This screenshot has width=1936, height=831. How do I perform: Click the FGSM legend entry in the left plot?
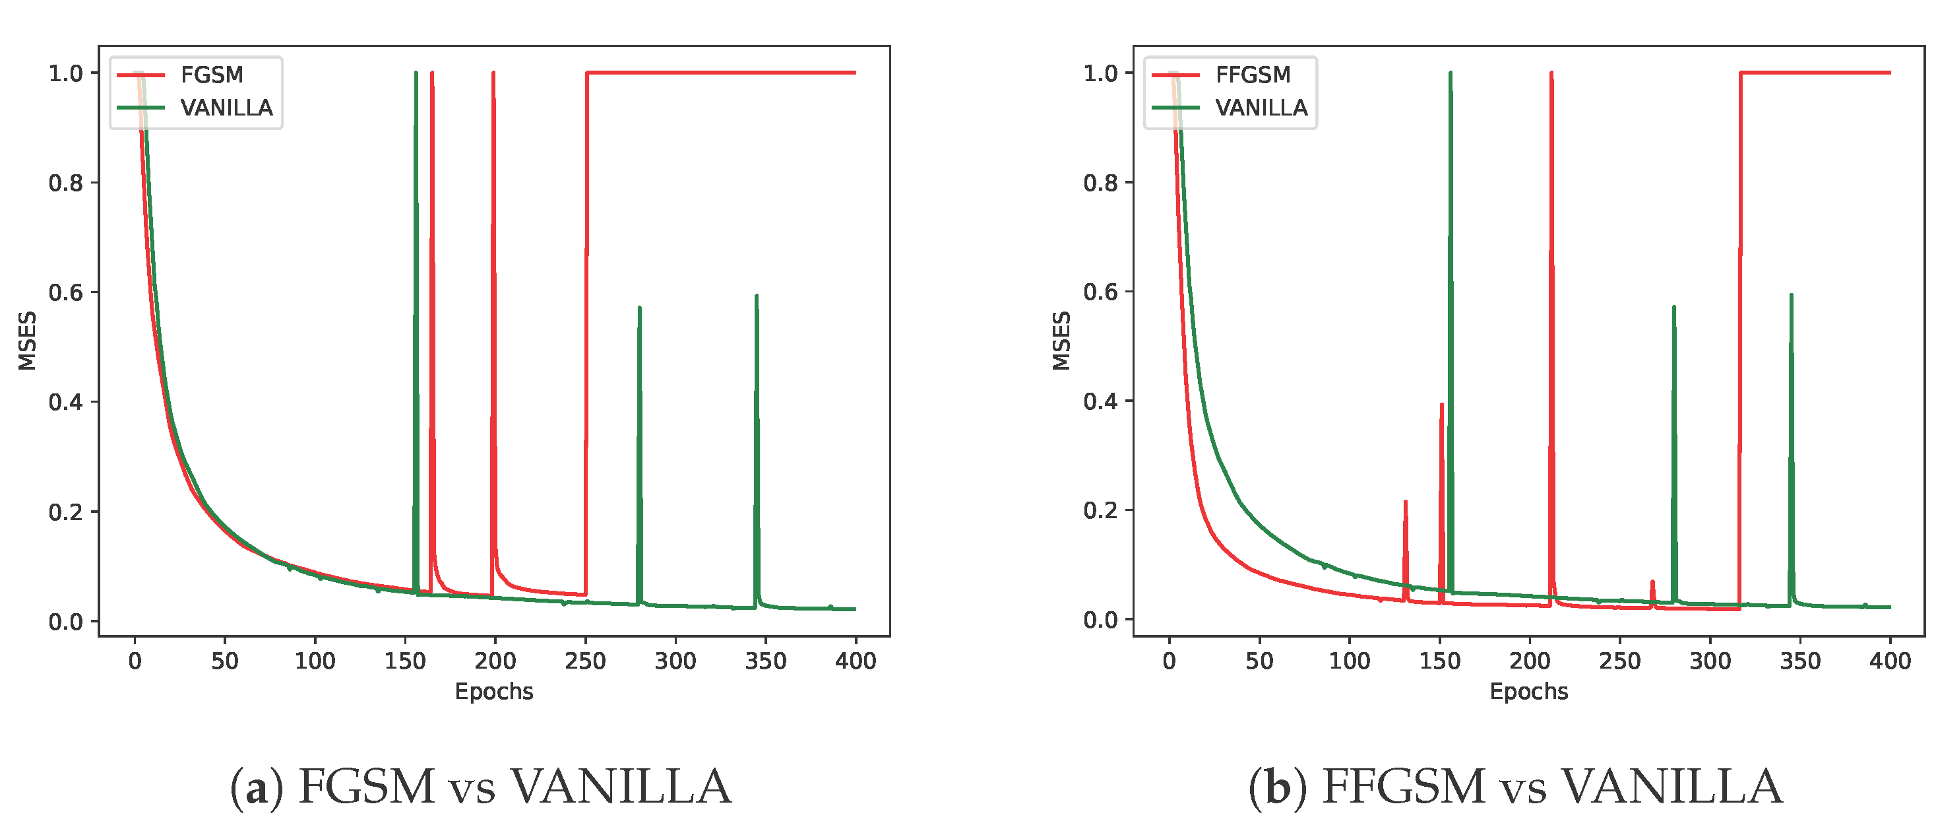coord(211,75)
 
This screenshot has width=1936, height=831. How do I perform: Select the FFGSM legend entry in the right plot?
coord(1252,75)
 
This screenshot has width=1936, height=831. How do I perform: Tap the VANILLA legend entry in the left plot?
coord(226,108)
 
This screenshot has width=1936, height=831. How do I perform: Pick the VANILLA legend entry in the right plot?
coord(1261,108)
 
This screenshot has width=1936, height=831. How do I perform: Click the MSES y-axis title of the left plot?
coord(27,341)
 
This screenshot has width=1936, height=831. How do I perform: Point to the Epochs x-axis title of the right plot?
coord(1528,691)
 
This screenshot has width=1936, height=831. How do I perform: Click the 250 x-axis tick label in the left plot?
coord(584,661)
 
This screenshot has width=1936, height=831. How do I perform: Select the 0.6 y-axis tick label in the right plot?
coord(1100,292)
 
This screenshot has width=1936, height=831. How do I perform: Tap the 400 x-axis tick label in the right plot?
coord(1889,661)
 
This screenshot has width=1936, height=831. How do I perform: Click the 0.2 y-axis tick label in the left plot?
coord(65,512)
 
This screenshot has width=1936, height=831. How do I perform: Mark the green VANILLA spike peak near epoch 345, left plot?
coord(756,296)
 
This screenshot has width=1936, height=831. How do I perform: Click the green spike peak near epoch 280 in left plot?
coord(640,308)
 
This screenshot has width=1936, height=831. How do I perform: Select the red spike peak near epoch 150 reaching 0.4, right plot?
coord(1441,405)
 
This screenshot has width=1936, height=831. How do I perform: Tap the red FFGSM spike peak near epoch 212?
coord(1551,74)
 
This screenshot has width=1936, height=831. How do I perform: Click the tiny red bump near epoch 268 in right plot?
coord(1652,582)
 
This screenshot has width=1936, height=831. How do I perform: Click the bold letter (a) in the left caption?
coord(257,787)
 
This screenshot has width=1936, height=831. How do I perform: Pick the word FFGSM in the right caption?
coord(1402,787)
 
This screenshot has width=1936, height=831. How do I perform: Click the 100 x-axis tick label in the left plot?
coord(314,661)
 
